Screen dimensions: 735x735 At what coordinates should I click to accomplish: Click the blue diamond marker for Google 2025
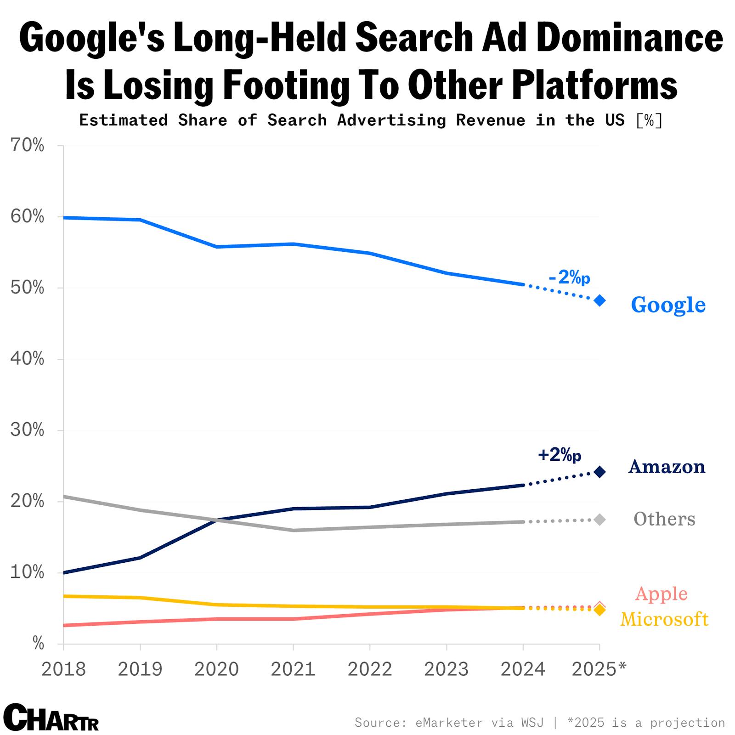(x=599, y=300)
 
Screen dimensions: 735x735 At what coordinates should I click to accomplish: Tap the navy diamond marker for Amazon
(x=599, y=472)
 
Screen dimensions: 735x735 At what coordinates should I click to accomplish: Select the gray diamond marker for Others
(x=599, y=520)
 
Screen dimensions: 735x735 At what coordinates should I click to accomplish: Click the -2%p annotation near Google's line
(x=569, y=277)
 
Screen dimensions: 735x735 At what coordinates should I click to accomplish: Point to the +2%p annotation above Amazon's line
(x=560, y=454)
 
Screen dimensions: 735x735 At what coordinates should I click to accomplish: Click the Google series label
(x=668, y=305)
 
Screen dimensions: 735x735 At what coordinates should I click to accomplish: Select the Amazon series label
(x=667, y=467)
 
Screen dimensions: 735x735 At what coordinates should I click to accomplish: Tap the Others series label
(x=664, y=519)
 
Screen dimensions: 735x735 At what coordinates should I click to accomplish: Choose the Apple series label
(x=661, y=594)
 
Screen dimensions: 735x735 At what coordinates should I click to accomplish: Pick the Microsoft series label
(x=664, y=619)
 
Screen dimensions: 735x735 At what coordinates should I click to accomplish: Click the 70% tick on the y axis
(x=27, y=146)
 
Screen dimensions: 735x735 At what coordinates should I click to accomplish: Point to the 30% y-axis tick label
(x=27, y=430)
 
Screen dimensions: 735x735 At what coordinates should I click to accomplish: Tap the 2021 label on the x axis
(x=293, y=669)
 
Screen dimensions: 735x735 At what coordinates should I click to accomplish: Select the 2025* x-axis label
(x=599, y=669)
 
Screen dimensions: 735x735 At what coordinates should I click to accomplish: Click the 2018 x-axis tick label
(x=63, y=669)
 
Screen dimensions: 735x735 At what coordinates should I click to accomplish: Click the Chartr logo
(x=51, y=717)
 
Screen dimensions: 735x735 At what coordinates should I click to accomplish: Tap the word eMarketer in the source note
(x=449, y=723)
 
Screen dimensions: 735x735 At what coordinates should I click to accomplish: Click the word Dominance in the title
(x=630, y=39)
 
